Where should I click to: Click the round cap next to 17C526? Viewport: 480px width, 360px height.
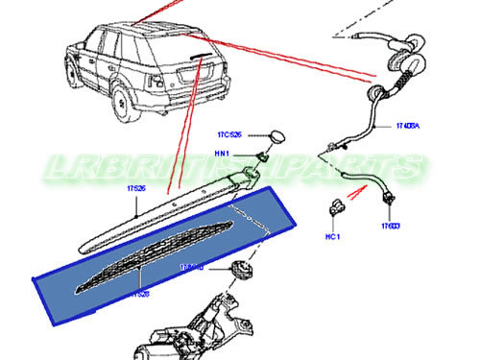point(277,135)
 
